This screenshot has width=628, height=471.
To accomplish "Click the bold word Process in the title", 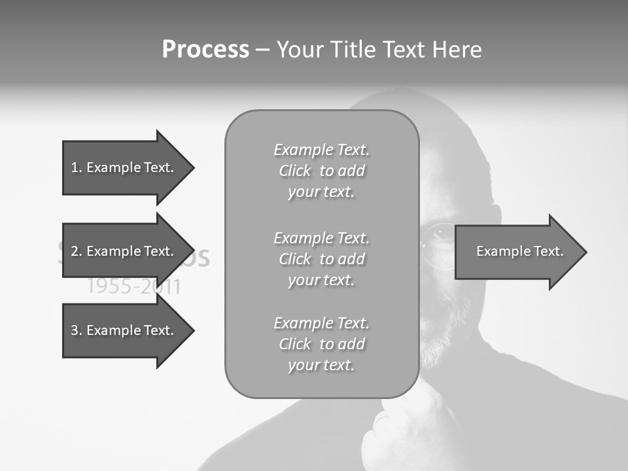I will tap(205, 50).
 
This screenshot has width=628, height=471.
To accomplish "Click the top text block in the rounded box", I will tap(321, 171).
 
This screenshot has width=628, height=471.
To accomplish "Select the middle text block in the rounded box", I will tap(321, 259).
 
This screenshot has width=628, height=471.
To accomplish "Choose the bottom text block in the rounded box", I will tap(321, 344).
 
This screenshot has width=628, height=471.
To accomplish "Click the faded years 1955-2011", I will tap(134, 287).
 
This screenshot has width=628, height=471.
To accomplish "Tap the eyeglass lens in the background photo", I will tap(437, 245).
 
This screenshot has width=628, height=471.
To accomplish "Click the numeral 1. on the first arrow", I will tap(76, 167).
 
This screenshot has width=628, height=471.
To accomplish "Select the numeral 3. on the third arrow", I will tap(76, 330).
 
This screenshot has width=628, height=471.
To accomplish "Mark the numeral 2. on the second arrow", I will tap(76, 251).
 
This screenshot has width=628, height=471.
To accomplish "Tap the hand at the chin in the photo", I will tap(399, 425).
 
